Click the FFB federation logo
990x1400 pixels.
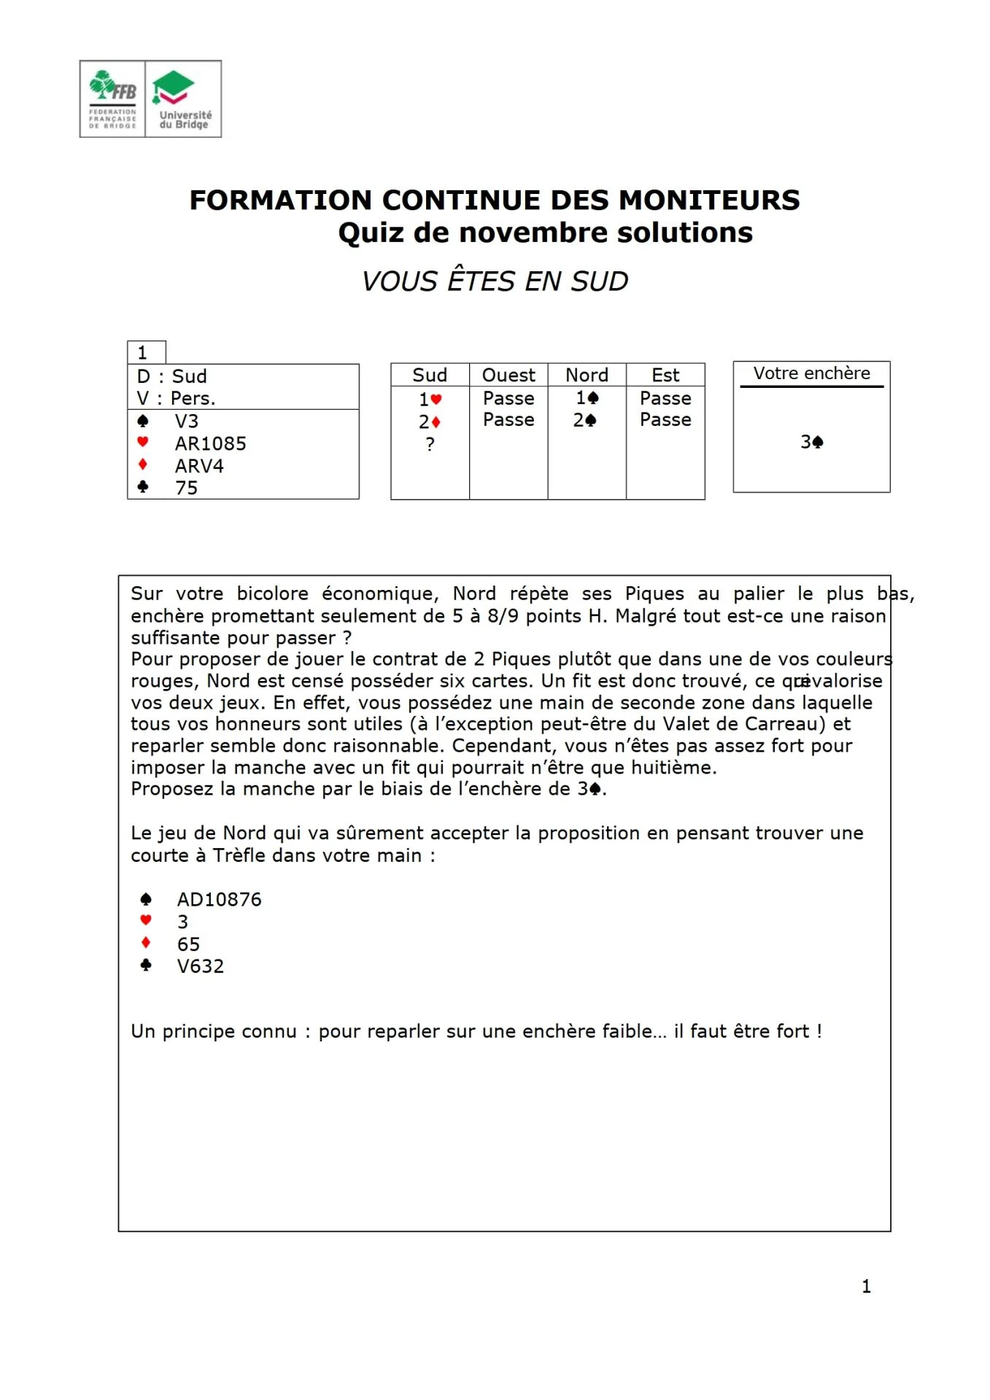[112, 99]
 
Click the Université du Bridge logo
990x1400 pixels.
[184, 99]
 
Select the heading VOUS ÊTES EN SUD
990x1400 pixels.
[495, 281]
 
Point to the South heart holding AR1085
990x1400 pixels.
[210, 443]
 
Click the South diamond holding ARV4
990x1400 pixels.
[198, 466]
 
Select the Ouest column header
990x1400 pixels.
[508, 375]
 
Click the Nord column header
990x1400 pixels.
[587, 375]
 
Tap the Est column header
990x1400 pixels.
[665, 375]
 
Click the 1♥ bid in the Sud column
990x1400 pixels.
[430, 399]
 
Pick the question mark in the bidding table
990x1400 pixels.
[430, 444]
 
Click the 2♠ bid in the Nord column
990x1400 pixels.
[585, 420]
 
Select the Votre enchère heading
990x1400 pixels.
[811, 373]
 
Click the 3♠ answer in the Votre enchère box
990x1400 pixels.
[811, 442]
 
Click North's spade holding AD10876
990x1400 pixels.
[219, 900]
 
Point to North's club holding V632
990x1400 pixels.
[201, 966]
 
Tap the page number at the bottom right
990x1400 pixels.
[866, 1286]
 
